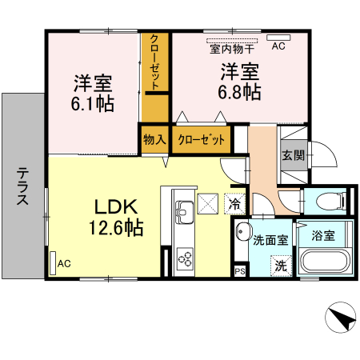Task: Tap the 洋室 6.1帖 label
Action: (93, 92)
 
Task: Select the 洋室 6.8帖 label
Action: (240, 81)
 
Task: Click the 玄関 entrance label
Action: (292, 155)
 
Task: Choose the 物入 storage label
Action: (154, 139)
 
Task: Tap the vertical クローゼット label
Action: (154, 62)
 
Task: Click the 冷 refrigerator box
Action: (234, 203)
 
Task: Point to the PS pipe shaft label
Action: (239, 272)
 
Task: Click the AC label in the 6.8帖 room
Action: (278, 46)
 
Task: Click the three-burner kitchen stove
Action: (185, 258)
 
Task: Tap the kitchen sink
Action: (182, 212)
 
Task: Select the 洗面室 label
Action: (270, 238)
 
